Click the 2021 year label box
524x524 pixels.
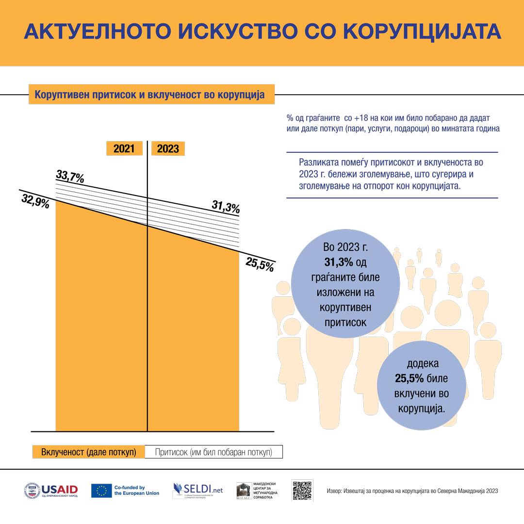(124, 148)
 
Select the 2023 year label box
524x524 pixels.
(168, 148)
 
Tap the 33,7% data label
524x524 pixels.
(70, 176)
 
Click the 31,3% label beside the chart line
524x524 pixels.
(226, 207)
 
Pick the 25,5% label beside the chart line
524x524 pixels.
(260, 264)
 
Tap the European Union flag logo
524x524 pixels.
(101, 491)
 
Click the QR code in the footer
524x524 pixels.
(302, 491)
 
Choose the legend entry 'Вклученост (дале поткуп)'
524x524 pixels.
(89, 452)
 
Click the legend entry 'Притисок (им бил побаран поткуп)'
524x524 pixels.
(213, 452)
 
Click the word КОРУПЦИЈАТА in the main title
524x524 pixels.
(422, 31)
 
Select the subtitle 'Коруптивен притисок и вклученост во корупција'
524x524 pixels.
(151, 95)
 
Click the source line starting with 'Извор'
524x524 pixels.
(412, 491)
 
